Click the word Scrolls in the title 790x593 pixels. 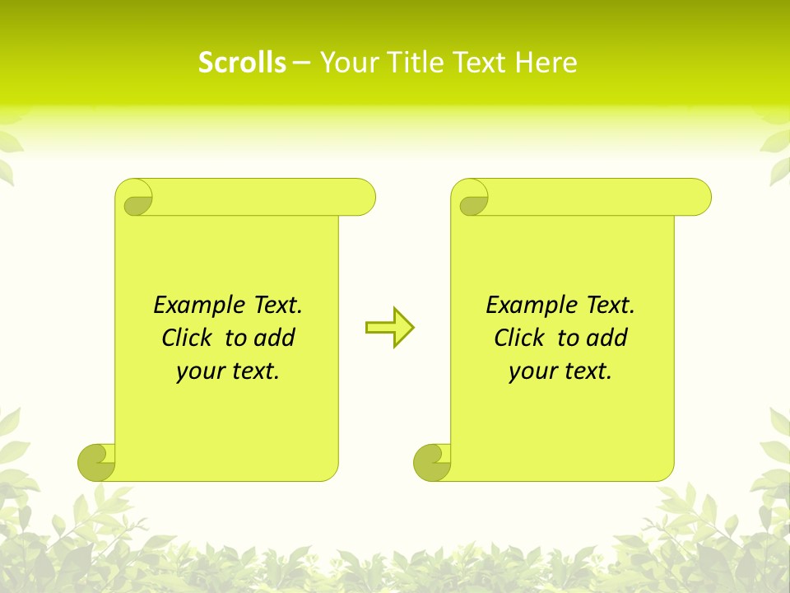point(242,63)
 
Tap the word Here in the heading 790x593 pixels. point(546,63)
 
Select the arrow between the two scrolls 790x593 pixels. point(389,328)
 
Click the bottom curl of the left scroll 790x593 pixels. point(96,461)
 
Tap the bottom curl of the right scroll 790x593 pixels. point(432,461)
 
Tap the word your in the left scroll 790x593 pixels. point(197,372)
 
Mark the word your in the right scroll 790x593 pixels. point(530,372)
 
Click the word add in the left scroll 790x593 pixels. point(275,338)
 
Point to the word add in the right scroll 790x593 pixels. point(607,338)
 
